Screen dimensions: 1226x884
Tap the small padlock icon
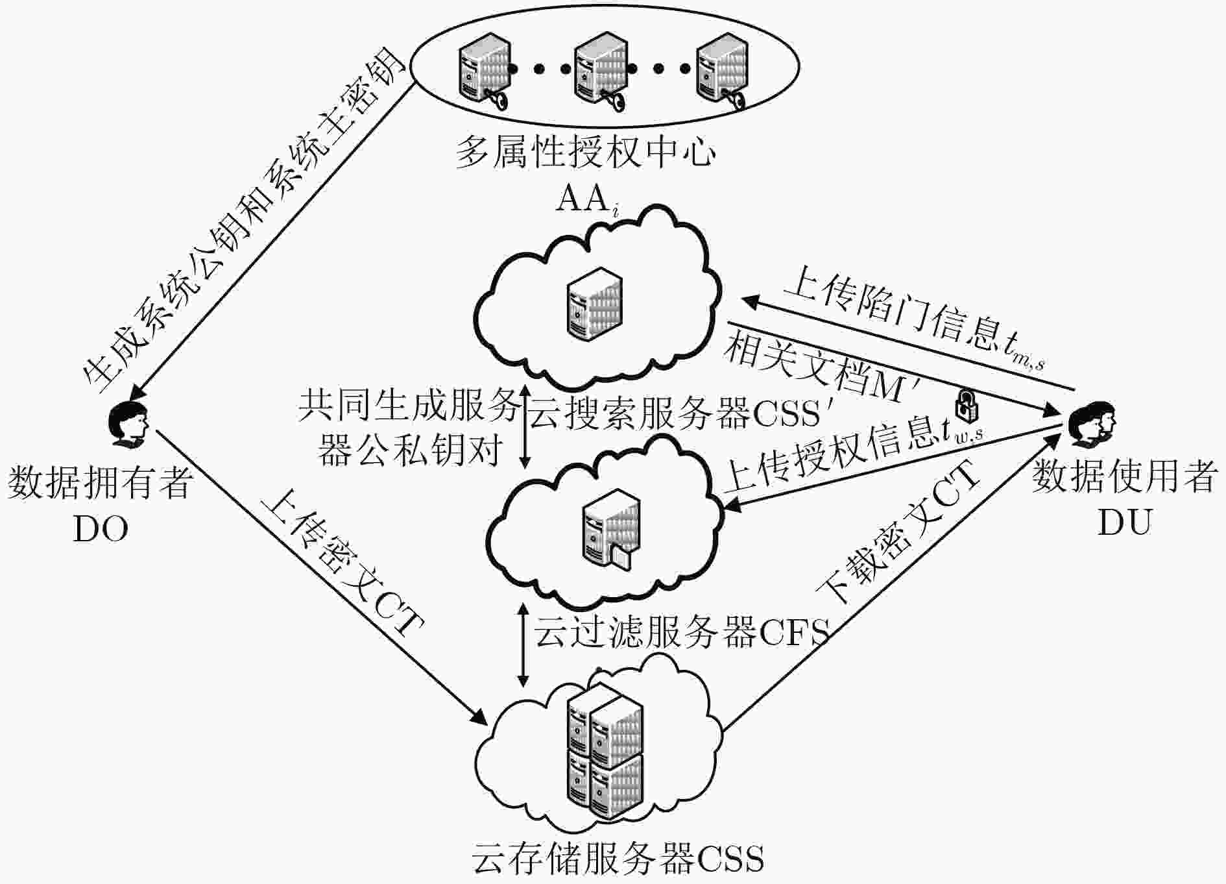tap(967, 405)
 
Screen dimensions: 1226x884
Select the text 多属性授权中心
tap(586, 153)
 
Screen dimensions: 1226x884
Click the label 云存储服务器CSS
tap(618, 859)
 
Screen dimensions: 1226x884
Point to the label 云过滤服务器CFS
tap(682, 631)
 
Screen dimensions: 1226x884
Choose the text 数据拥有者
tap(100, 484)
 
